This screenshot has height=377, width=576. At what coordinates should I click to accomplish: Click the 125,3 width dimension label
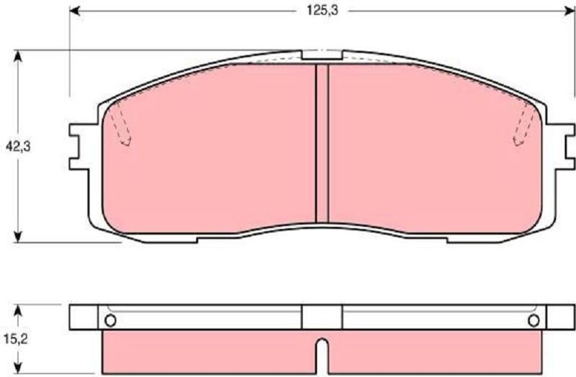[322, 11]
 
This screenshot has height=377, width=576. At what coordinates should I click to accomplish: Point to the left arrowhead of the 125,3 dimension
[75, 11]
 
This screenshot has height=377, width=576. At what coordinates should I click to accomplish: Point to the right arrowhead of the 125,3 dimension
[570, 11]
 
